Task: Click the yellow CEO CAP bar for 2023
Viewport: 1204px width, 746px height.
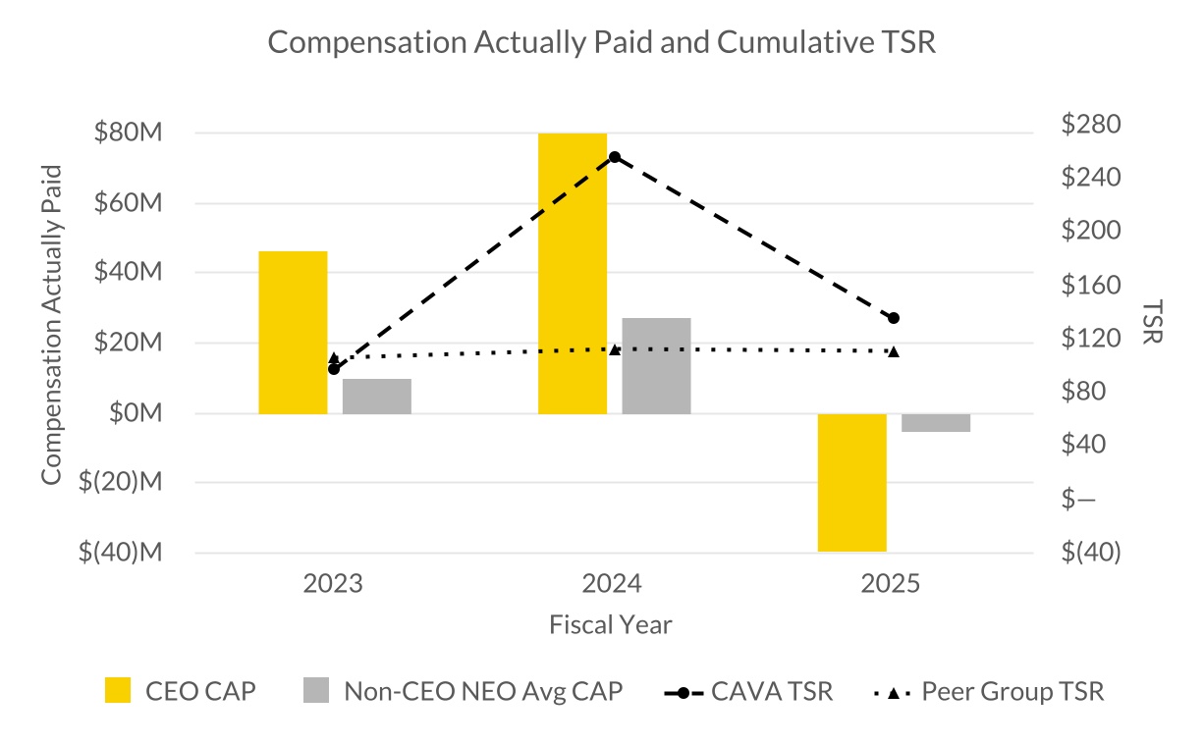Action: (x=293, y=332)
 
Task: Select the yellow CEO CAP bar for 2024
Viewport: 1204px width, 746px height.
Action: (x=573, y=273)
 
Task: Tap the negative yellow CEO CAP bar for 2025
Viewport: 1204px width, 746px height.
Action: (x=852, y=482)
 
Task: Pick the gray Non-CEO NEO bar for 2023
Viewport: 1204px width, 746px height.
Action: (x=377, y=396)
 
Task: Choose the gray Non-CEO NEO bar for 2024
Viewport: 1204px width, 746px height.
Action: (x=656, y=365)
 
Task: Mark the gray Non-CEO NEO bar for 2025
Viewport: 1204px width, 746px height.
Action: (x=936, y=423)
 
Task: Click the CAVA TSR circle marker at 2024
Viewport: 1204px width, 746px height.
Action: (x=615, y=157)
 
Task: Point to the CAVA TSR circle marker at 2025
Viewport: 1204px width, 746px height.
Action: (x=894, y=318)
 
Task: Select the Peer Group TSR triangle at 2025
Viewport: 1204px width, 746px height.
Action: (x=894, y=350)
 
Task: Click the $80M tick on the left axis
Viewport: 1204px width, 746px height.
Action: (x=128, y=133)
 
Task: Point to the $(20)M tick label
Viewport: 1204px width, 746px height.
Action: (x=121, y=483)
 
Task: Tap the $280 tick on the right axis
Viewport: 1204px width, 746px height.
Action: (x=1091, y=125)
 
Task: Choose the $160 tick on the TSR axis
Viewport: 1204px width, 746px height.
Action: (x=1091, y=285)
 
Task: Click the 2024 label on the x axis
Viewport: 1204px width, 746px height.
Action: (x=612, y=584)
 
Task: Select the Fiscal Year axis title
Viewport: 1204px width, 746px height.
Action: (x=611, y=624)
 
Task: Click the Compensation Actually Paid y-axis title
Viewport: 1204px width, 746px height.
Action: (x=51, y=324)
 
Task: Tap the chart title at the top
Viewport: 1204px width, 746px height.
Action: (x=601, y=42)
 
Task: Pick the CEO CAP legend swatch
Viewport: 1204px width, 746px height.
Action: (x=117, y=691)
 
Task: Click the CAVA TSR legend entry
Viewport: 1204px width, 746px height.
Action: (x=748, y=691)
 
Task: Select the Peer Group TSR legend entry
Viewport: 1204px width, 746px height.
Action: (x=989, y=691)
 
